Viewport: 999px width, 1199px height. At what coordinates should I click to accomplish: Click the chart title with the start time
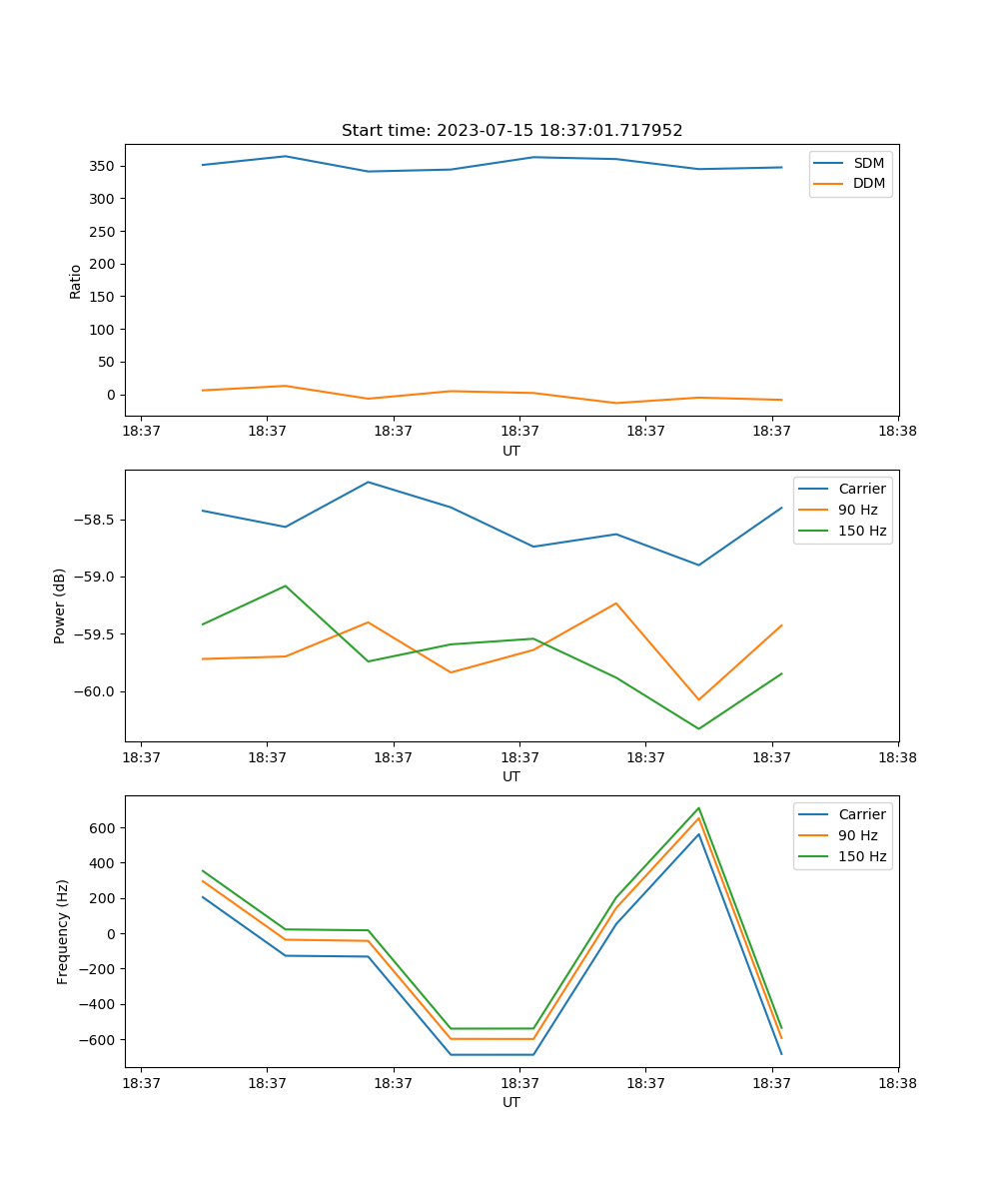pyautogui.click(x=511, y=131)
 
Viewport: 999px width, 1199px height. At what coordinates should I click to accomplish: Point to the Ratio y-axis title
pyautogui.click(x=76, y=282)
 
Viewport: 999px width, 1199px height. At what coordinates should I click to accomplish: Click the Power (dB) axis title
pyautogui.click(x=60, y=605)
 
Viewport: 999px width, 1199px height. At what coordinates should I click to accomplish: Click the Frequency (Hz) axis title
pyautogui.click(x=63, y=931)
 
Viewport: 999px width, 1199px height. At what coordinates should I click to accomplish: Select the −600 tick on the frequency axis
pyautogui.click(x=100, y=1040)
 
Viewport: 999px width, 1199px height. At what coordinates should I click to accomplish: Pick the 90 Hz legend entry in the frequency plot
pyautogui.click(x=857, y=835)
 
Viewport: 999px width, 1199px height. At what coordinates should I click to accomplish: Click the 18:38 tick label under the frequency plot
pyautogui.click(x=898, y=1082)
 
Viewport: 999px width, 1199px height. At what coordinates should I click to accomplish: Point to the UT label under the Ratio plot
pyautogui.click(x=511, y=451)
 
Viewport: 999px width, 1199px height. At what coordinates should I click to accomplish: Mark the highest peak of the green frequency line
pyautogui.click(x=698, y=808)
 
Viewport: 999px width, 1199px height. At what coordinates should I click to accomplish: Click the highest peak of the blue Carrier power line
pyautogui.click(x=369, y=482)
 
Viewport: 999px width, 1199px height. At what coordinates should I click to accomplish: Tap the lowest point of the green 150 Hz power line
pyautogui.click(x=698, y=728)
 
